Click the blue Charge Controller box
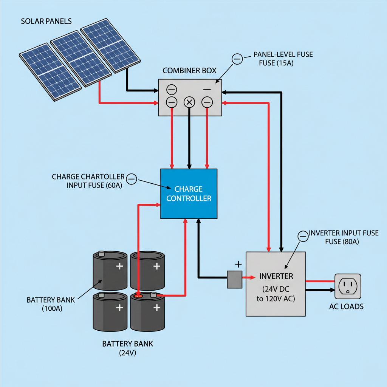coord(189,193)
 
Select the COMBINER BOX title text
coord(189,71)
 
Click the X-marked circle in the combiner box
coord(189,102)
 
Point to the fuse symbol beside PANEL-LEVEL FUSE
coord(237,59)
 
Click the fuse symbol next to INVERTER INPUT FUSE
coord(303,236)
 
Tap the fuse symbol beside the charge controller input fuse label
coord(131,179)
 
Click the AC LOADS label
coord(346,307)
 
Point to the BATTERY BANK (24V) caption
coord(128,348)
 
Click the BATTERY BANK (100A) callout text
coord(51,304)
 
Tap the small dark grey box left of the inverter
coord(234,279)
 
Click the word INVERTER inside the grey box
coord(276,276)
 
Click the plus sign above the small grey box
coord(238,264)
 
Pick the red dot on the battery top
coord(139,296)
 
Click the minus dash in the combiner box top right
coord(207,90)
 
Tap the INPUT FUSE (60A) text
coord(94,186)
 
